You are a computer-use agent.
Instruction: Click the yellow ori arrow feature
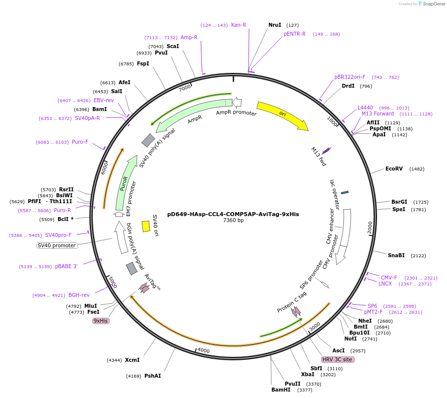click(282, 115)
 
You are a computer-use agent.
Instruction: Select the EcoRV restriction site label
click(394, 169)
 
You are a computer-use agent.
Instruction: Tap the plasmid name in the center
click(233, 215)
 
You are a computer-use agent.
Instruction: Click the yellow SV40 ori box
click(146, 226)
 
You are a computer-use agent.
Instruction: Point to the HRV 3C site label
click(337, 359)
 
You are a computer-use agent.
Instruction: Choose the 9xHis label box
click(101, 321)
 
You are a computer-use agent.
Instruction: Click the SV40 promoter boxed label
click(57, 245)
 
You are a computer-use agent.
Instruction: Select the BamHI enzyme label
click(280, 390)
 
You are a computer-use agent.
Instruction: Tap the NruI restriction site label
click(274, 25)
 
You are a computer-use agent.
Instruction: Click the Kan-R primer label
click(239, 25)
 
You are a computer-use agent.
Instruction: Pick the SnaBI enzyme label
click(396, 256)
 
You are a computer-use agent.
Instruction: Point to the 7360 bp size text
click(233, 221)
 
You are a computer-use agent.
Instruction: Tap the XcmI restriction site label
click(132, 360)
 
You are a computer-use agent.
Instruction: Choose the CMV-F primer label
click(388, 278)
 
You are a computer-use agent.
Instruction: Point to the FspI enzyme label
click(143, 63)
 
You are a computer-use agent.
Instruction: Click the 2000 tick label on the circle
click(370, 227)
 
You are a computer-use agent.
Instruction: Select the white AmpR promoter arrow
click(237, 103)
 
